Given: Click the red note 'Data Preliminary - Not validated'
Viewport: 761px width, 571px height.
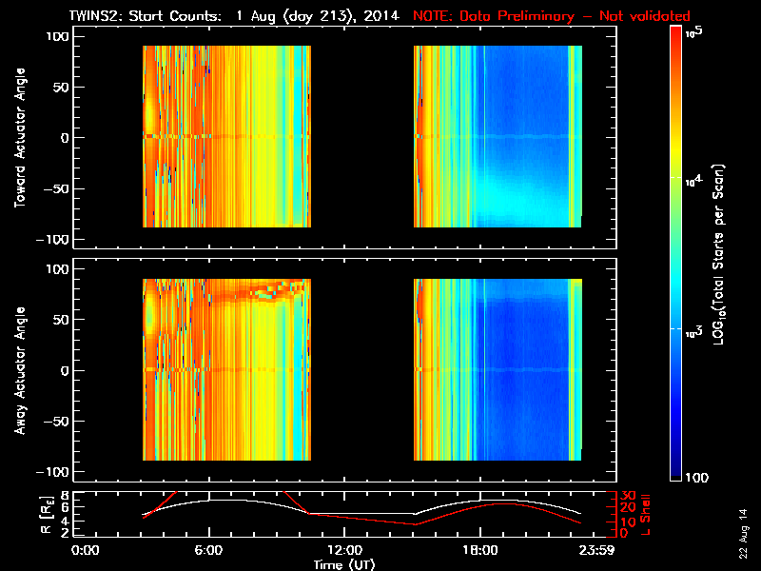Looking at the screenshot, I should click(552, 16).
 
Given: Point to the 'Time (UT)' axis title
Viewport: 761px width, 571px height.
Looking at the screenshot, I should click(344, 564).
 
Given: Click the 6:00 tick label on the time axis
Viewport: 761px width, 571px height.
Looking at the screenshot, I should click(208, 551).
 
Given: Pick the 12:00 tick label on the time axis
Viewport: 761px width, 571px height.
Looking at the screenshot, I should click(343, 551).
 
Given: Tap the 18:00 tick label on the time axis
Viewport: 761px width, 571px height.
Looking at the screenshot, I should click(478, 551).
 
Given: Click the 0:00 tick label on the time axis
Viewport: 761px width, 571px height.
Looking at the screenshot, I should click(86, 551).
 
